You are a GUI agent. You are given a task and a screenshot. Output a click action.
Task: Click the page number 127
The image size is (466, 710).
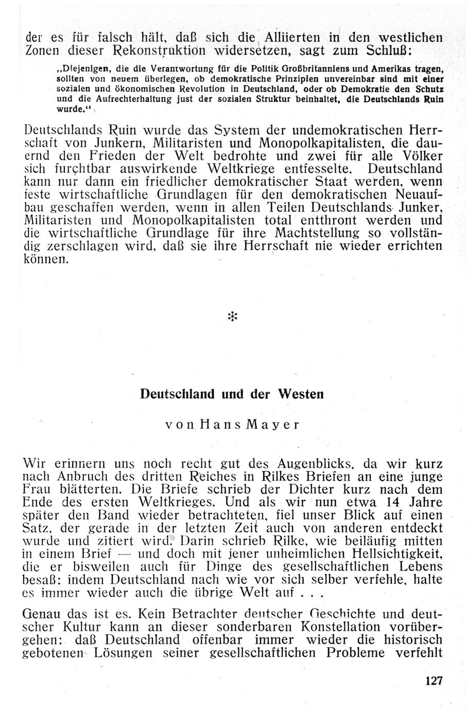click(x=434, y=680)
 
